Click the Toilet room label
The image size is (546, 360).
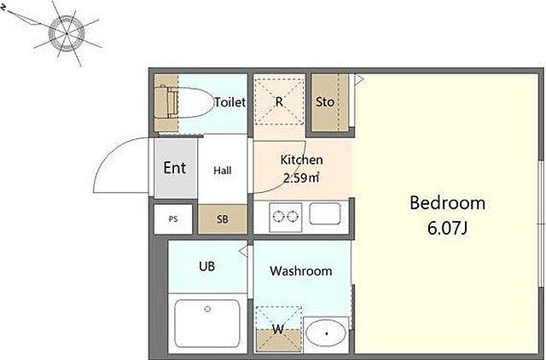[229, 102]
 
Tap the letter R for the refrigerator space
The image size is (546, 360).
[279, 102]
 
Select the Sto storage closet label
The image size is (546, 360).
[324, 102]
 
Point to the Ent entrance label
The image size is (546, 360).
[174, 168]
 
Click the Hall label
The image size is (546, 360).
[223, 171]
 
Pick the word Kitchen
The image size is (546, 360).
[301, 160]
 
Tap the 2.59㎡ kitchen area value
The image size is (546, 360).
[301, 178]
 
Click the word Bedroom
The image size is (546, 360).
[447, 203]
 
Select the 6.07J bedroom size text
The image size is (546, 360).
[447, 229]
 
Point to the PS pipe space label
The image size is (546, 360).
[173, 219]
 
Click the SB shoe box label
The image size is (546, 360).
[223, 219]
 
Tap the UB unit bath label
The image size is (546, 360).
[206, 266]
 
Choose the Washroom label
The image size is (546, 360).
[301, 271]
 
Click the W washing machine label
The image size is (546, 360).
[278, 329]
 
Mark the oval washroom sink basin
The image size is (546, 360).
[326, 334]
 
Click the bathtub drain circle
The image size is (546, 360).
[208, 309]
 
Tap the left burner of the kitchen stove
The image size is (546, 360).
[278, 217]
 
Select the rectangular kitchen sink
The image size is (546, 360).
[325, 213]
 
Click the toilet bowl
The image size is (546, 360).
[191, 102]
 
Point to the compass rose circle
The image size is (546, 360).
[67, 33]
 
